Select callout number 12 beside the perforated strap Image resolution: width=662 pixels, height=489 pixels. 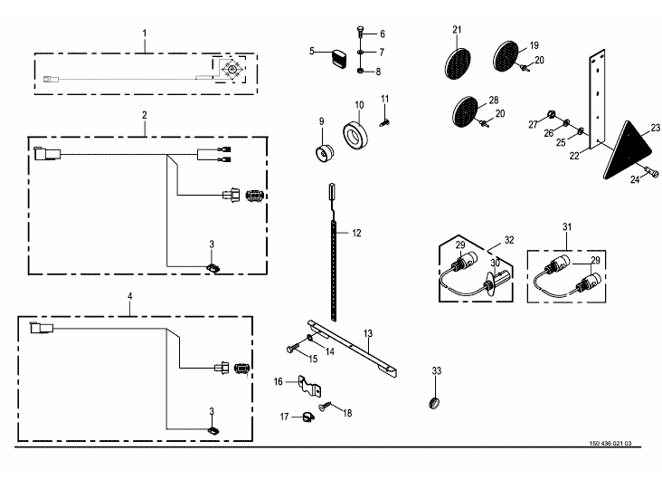(356, 233)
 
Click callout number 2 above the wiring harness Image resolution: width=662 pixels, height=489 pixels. (144, 115)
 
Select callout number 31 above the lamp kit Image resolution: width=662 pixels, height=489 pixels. (567, 225)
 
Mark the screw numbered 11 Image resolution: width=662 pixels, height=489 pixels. (385, 116)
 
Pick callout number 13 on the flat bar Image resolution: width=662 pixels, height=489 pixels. (368, 335)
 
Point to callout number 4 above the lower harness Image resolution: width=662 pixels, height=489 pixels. (130, 296)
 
